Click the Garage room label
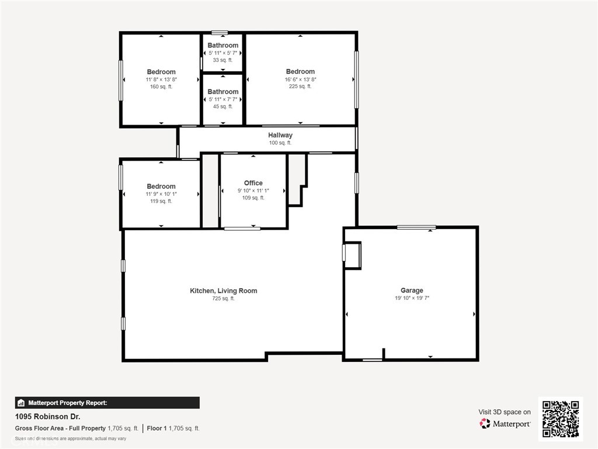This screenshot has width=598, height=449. (412, 290)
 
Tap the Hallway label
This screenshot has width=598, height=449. (280, 135)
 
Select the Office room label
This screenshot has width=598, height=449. (253, 183)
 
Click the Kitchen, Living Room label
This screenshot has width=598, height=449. (224, 291)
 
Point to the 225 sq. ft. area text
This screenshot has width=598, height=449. (300, 87)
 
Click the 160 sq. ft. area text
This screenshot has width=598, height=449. (161, 87)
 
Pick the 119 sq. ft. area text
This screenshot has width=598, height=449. (161, 201)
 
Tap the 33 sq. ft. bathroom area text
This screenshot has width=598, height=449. (222, 60)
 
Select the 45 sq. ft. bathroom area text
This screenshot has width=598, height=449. (222, 106)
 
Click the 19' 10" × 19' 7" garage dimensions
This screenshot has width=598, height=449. (412, 298)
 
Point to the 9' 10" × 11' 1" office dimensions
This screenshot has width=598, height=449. (253, 191)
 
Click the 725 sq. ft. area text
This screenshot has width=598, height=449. (224, 299)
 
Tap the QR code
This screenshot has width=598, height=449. (561, 419)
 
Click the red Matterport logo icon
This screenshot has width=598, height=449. (485, 423)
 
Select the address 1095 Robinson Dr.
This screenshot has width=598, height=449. (48, 416)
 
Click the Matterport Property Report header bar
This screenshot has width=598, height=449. (107, 403)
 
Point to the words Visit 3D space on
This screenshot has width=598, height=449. (505, 412)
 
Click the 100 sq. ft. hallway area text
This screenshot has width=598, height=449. (280, 143)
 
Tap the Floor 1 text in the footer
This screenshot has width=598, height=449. (157, 429)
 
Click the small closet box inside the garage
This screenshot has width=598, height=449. (352, 255)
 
